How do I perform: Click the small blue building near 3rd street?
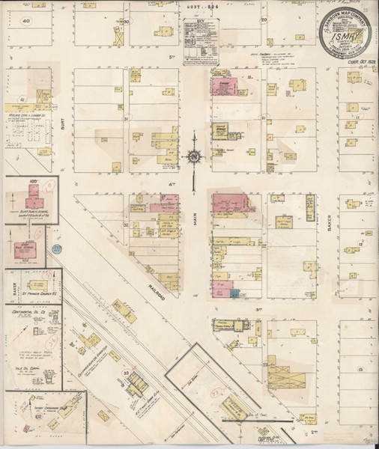click(235, 293)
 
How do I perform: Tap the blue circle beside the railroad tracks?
click(56, 248)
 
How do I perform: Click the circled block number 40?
click(26, 21)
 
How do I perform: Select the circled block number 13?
click(360, 370)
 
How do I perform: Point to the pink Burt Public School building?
click(32, 197)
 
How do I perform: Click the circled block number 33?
click(127, 372)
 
